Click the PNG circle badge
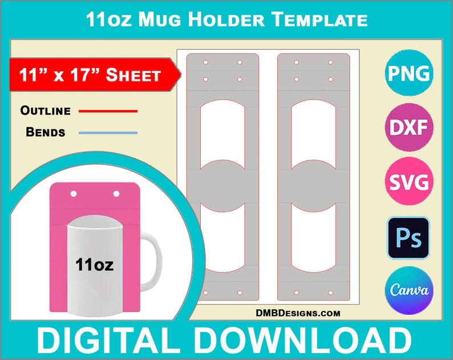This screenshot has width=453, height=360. [x=409, y=74]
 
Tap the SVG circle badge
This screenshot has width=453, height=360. [x=409, y=182]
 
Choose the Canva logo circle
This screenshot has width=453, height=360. [x=409, y=291]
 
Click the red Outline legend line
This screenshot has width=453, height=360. [x=108, y=111]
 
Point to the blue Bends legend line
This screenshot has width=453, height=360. [x=108, y=133]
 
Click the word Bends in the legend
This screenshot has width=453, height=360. [x=45, y=133]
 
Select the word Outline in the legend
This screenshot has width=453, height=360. [x=45, y=111]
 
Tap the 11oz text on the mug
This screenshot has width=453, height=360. [x=94, y=264]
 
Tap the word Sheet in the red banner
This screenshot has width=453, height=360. [x=134, y=75]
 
